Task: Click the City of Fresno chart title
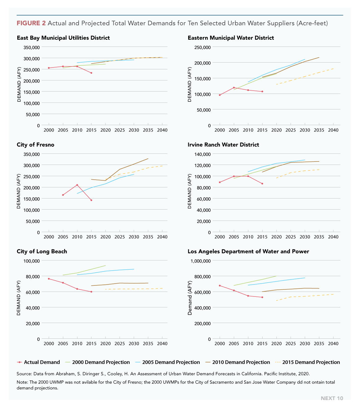[x=35, y=145]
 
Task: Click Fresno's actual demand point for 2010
[x=77, y=185]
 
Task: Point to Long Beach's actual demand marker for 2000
[x=49, y=279]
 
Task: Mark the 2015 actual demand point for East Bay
[x=91, y=73]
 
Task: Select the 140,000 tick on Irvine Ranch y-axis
[x=202, y=154]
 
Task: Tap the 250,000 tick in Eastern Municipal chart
[x=202, y=47]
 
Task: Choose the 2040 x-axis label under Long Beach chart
[x=162, y=344]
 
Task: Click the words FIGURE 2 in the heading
[x=31, y=23]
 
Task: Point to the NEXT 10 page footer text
[x=332, y=398]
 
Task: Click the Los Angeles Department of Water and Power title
[x=248, y=251]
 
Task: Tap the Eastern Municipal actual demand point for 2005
[x=234, y=88]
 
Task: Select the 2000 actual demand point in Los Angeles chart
[x=220, y=286]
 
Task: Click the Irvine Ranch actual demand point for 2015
[x=262, y=184]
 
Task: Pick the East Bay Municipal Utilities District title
[x=63, y=38]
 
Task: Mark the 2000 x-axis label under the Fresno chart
[x=49, y=237]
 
